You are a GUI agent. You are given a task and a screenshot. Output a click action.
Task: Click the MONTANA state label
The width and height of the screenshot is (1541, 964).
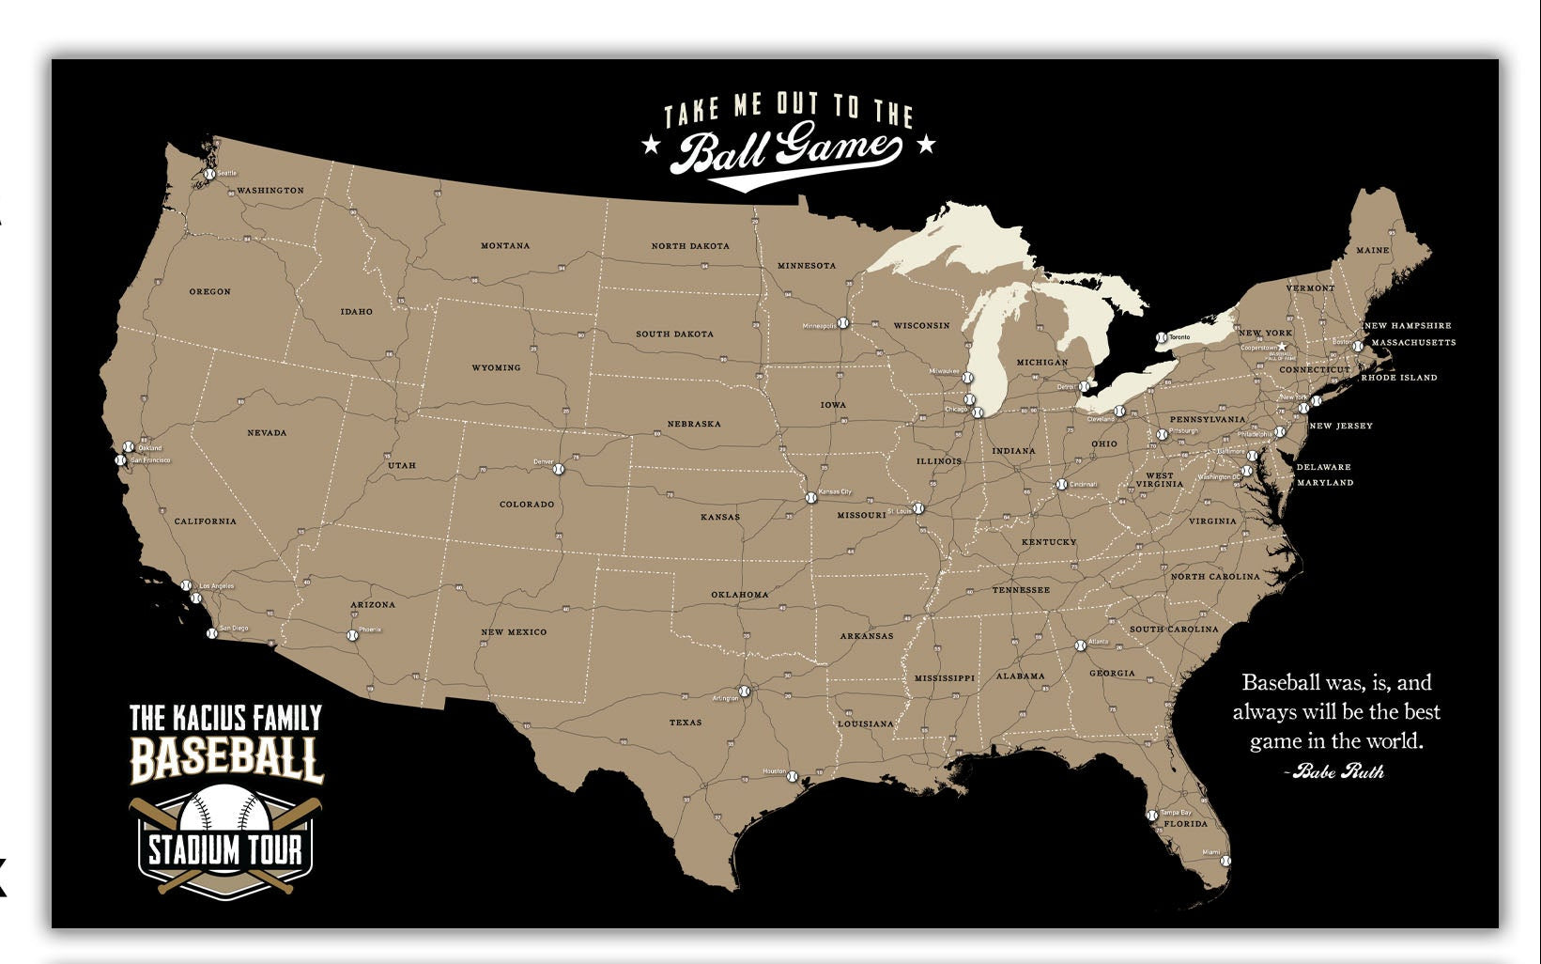click(x=505, y=246)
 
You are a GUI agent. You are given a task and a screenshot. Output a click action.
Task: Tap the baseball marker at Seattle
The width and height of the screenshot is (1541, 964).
click(x=210, y=175)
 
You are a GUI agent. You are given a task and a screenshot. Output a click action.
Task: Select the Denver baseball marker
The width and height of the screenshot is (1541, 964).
click(x=560, y=468)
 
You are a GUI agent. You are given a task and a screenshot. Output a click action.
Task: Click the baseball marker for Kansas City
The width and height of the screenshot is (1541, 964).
click(x=811, y=497)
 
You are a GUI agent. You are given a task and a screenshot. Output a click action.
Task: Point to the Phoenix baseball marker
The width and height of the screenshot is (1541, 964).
click(x=353, y=635)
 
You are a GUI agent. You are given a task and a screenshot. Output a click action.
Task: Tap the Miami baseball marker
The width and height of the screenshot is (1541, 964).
click(x=1225, y=860)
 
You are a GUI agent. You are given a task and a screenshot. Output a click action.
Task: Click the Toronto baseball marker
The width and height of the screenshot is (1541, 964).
click(x=1162, y=337)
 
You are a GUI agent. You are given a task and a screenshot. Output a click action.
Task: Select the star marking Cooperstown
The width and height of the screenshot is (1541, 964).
click(x=1283, y=348)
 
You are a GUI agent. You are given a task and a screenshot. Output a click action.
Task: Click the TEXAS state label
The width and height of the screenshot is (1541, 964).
click(x=686, y=723)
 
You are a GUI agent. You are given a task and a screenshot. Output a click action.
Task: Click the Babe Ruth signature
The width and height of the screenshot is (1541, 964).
click(x=1337, y=771)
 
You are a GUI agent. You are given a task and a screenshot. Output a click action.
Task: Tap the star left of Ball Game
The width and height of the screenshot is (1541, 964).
click(x=648, y=145)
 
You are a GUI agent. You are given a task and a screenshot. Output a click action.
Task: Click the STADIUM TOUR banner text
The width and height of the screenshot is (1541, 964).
click(x=225, y=850)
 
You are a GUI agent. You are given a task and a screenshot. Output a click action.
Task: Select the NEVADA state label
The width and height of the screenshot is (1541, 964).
click(x=267, y=433)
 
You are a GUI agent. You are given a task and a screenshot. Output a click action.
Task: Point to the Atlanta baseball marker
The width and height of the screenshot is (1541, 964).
click(x=1080, y=645)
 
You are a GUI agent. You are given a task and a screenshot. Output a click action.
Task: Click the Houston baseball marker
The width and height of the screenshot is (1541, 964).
click(x=792, y=776)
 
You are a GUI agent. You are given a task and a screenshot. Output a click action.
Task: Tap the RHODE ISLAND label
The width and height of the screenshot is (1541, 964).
click(x=1399, y=378)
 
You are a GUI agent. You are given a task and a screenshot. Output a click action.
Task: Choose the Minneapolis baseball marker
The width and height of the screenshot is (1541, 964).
click(x=842, y=323)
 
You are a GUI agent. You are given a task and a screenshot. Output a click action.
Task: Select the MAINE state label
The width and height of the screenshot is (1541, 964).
click(x=1372, y=251)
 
